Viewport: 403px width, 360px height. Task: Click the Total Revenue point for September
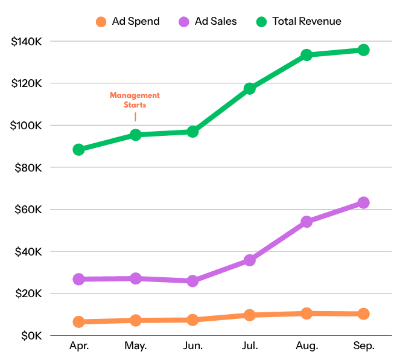pos(363,50)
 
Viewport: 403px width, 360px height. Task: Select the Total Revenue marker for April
pos(78,149)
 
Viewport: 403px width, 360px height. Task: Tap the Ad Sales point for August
pos(306,222)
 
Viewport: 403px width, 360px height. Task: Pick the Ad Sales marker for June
pos(192,281)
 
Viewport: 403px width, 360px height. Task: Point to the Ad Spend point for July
pos(249,315)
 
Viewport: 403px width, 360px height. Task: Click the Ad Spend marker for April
pos(78,322)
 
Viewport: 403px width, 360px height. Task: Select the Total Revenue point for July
pos(249,89)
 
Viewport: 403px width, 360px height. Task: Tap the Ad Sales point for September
pos(363,203)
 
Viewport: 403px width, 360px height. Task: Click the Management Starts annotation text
pos(135,100)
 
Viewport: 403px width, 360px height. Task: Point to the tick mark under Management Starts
pos(135,117)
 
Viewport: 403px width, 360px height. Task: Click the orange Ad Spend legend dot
pos(101,22)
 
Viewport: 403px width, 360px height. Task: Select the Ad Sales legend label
pos(216,22)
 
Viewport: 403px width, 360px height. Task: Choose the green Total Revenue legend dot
pos(261,22)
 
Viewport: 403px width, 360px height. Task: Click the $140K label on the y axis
pos(26,42)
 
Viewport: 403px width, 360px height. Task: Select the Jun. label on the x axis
pos(192,347)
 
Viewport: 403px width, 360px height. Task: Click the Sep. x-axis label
pos(363,347)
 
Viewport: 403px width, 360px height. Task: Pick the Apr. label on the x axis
pos(78,347)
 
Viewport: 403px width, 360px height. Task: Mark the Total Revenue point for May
pos(135,135)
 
